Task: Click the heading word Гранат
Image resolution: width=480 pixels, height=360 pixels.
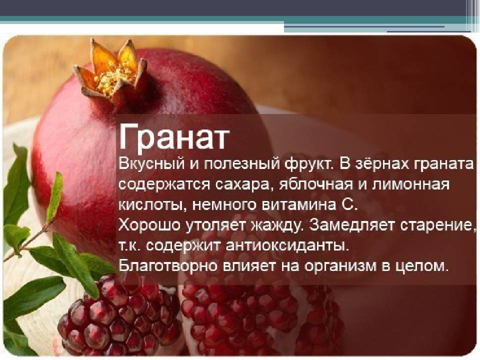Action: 174,138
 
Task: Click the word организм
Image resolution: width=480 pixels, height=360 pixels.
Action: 340,267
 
